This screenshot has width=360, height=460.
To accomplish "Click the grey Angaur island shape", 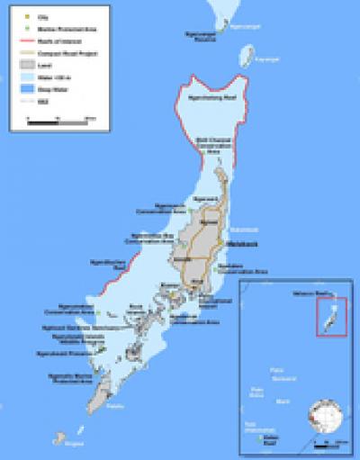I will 62,439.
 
